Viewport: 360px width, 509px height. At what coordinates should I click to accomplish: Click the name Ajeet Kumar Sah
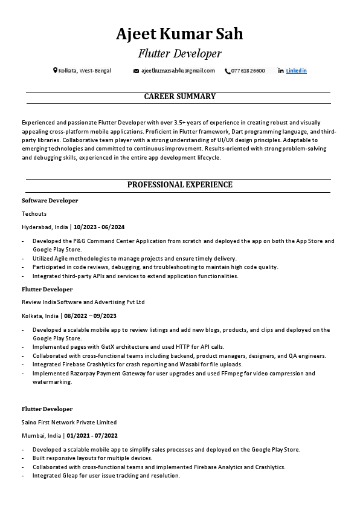tap(179, 34)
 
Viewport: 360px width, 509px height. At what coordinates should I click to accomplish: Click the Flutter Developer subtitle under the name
tap(179, 54)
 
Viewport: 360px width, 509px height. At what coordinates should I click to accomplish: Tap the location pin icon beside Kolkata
tap(55, 71)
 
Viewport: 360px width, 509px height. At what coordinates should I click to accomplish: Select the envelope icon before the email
tap(136, 71)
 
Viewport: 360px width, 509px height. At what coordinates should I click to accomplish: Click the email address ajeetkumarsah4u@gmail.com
tap(178, 71)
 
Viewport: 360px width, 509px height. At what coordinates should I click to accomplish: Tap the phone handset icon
tap(227, 71)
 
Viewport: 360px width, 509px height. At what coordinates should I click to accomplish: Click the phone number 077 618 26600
tap(248, 71)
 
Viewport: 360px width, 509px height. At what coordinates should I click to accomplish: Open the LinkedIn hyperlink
tap(296, 71)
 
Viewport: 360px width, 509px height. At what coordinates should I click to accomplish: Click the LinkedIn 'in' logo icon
tap(281, 71)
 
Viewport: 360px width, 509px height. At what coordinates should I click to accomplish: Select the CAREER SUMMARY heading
tap(179, 97)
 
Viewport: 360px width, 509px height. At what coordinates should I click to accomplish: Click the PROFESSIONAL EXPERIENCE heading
tap(179, 185)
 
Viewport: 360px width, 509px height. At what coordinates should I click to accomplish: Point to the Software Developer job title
tap(50, 200)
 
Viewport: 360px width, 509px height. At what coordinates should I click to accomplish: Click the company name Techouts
tap(34, 213)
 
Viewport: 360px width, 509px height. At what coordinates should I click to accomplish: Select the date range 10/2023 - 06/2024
tap(99, 227)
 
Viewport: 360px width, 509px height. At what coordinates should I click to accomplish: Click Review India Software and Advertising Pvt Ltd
tap(83, 302)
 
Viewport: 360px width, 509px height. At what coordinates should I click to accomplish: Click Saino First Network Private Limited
tap(69, 422)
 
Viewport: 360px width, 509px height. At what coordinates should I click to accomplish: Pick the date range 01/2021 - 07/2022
tap(92, 435)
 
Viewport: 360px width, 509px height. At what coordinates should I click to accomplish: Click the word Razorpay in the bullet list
tap(86, 374)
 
